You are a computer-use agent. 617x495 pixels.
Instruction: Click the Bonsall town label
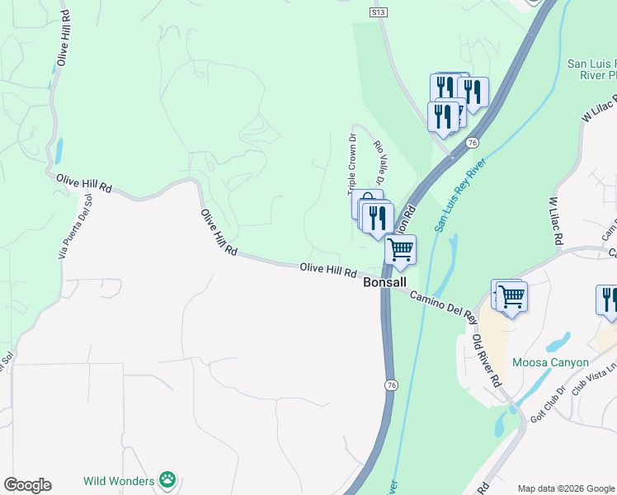pos(385,282)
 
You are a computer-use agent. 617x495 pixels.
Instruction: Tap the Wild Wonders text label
pos(119,480)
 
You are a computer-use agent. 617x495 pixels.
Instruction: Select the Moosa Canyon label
pos(550,362)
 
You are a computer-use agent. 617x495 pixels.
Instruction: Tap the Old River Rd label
pos(486,361)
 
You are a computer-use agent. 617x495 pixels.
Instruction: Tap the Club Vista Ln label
pos(596,378)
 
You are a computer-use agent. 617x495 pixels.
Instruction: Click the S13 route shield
pos(379,12)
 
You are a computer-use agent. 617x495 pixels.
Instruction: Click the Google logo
pos(27,485)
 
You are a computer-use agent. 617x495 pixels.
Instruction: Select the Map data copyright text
pos(566,488)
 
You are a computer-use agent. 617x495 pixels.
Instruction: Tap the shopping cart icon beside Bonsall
pos(400,250)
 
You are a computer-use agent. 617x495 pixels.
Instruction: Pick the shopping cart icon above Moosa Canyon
pos(511,295)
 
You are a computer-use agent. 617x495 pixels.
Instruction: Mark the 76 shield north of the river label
pos(472,143)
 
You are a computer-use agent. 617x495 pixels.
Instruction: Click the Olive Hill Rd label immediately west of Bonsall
pos(327,269)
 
